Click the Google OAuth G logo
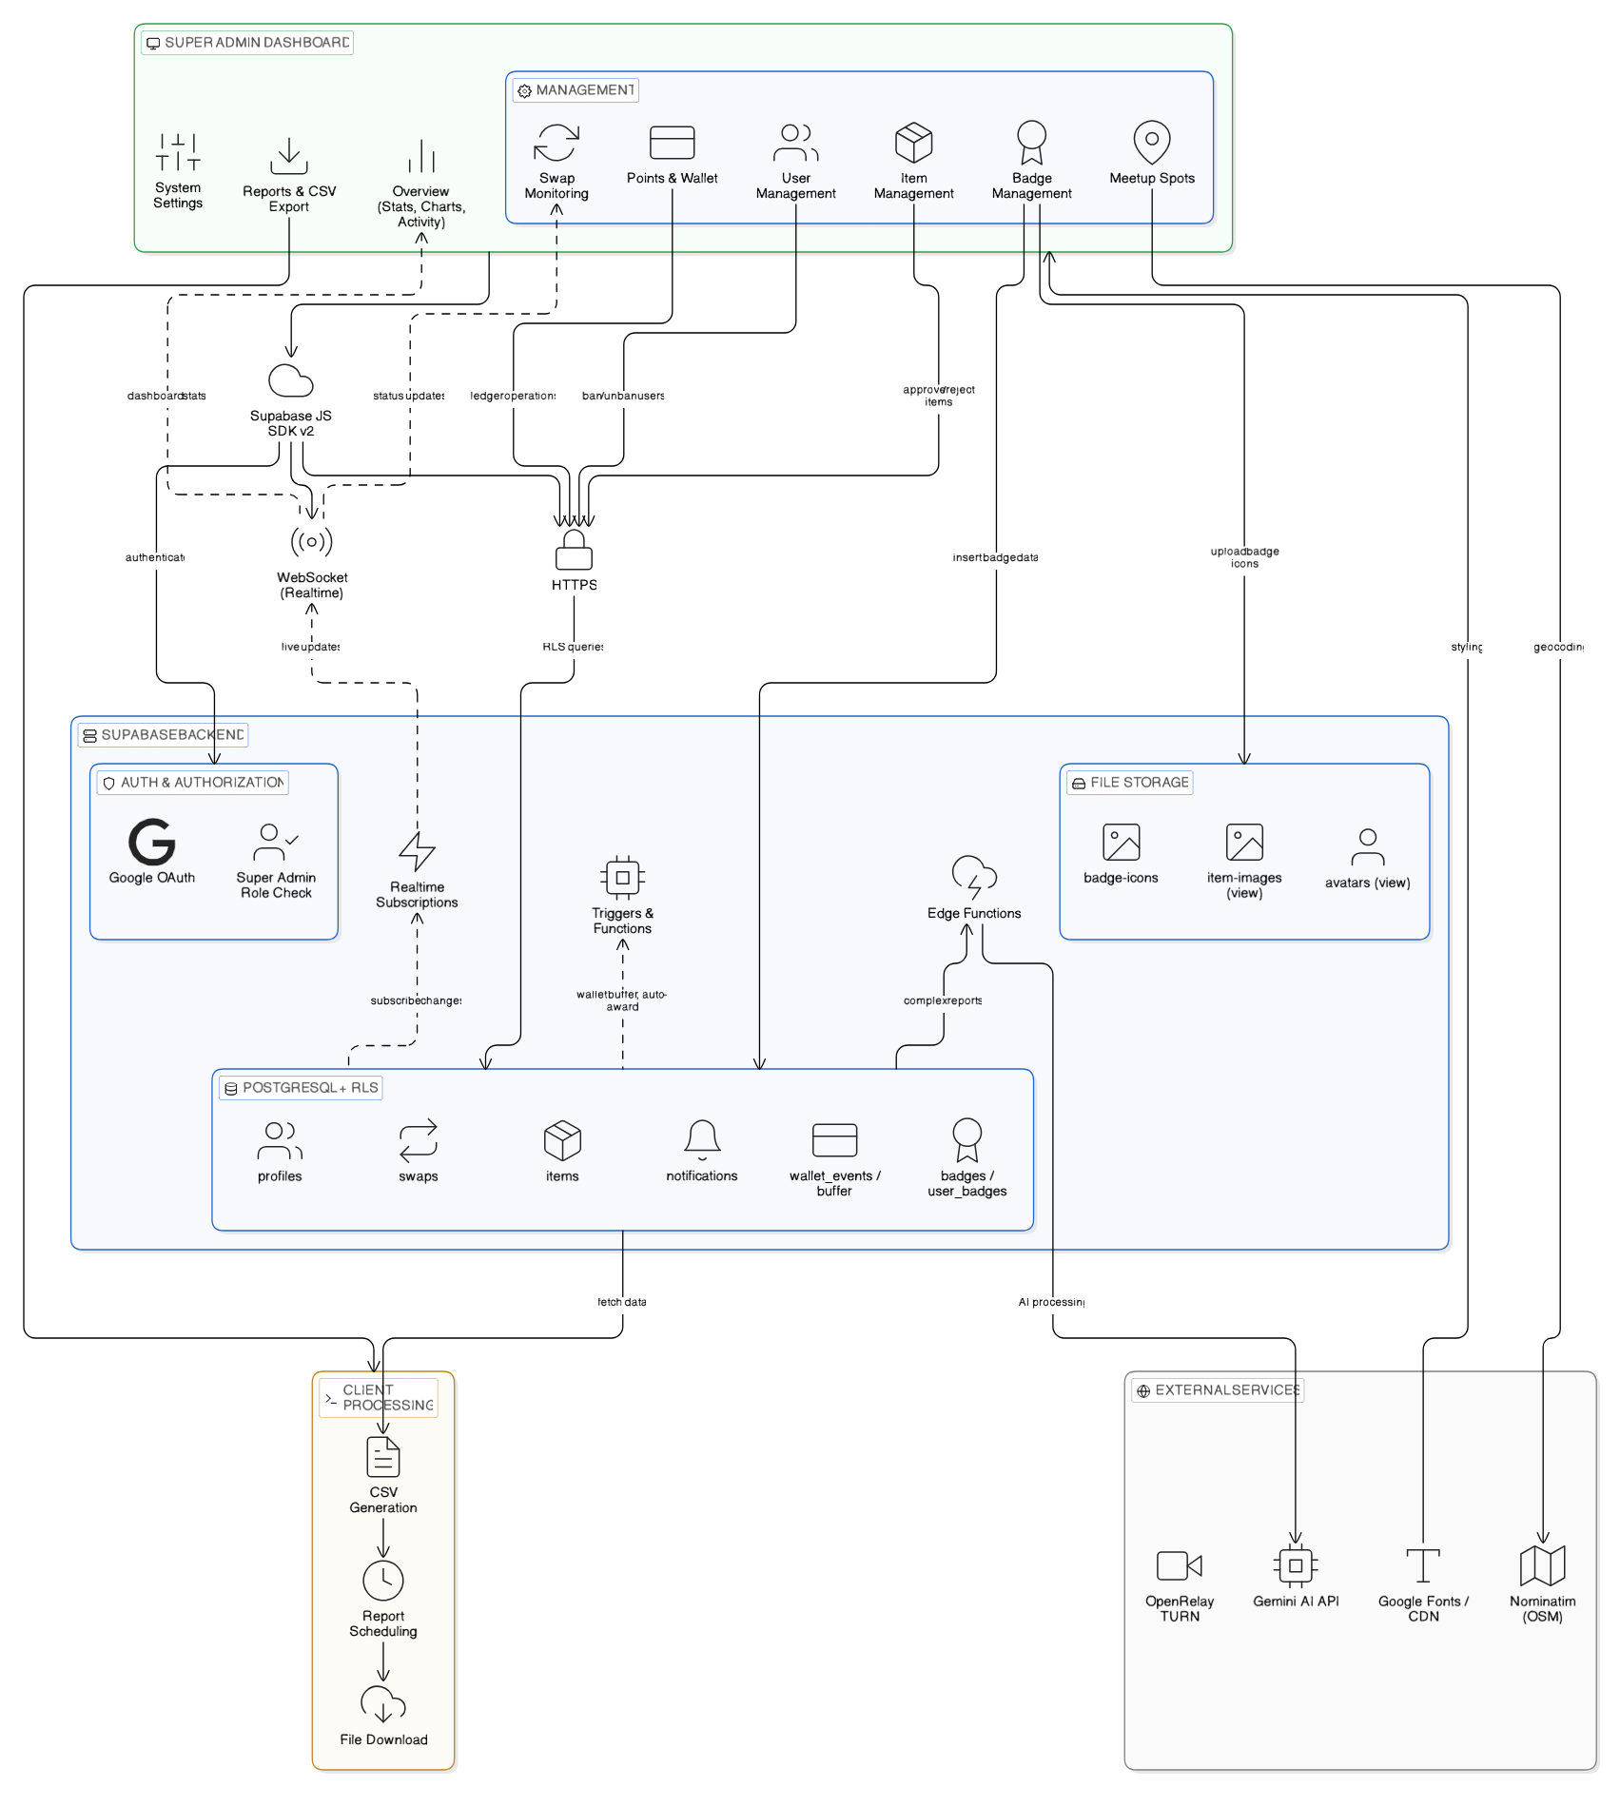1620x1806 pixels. click(152, 842)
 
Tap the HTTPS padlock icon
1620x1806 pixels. click(574, 551)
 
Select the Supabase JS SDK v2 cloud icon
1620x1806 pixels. click(290, 381)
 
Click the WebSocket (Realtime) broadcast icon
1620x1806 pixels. click(311, 542)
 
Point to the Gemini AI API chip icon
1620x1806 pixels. click(1295, 1565)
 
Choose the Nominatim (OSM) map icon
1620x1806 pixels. click(1542, 1565)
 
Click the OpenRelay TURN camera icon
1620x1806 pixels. click(1179, 1565)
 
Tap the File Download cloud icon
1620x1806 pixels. click(383, 1705)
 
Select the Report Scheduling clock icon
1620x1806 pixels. click(383, 1581)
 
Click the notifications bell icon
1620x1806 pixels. click(702, 1139)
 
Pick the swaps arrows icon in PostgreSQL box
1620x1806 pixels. click(419, 1139)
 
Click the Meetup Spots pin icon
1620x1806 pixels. click(1151, 143)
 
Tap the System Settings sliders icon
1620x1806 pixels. click(178, 152)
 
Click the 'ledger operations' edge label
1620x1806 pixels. click(513, 396)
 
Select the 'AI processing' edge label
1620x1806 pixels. click(1051, 1302)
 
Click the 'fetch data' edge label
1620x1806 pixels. click(622, 1302)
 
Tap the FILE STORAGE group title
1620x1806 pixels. click(1139, 783)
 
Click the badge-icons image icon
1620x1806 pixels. click(1121, 843)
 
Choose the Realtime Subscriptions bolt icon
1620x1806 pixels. click(417, 851)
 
